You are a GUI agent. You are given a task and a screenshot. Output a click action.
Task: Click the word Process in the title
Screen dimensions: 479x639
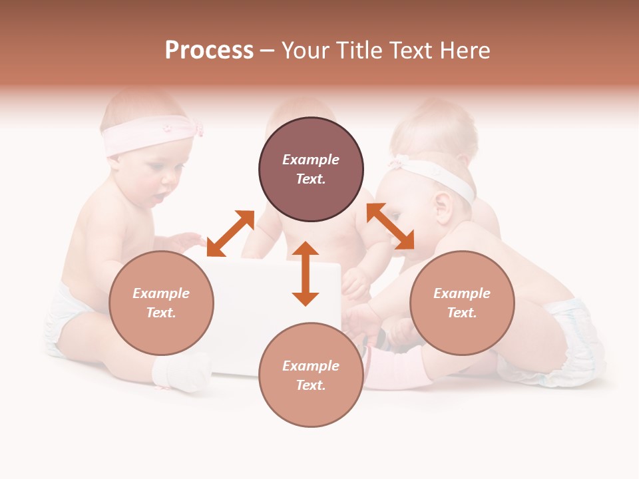point(209,51)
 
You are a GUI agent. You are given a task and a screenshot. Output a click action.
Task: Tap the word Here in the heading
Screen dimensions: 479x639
point(464,51)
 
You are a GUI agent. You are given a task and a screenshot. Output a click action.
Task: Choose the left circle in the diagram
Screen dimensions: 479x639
point(161,303)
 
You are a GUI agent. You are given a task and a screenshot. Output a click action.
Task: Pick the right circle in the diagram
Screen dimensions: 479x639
point(462,303)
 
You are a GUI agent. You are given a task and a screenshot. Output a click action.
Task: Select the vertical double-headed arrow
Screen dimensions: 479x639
point(306,273)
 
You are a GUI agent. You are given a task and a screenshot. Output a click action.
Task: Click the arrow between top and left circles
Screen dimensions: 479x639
point(230,233)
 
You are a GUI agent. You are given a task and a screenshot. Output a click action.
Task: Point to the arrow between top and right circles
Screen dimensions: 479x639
point(390,226)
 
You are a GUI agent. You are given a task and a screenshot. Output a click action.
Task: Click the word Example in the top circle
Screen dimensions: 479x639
point(311,160)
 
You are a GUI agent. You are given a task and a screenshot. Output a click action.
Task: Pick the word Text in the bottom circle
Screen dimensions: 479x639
point(311,385)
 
